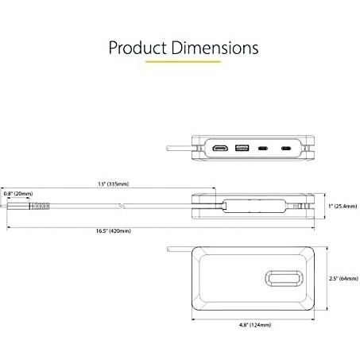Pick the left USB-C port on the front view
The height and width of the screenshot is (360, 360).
point(261,148)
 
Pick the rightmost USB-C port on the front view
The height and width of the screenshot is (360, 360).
point(286,148)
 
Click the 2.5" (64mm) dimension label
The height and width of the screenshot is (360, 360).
point(340,279)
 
